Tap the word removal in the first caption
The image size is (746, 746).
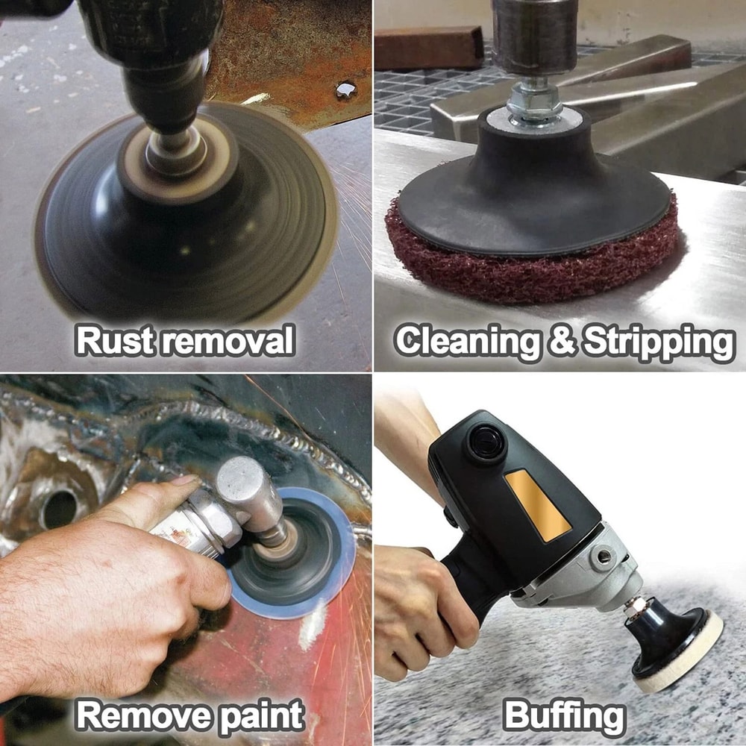pyautogui.click(x=228, y=342)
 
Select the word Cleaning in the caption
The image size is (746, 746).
pyautogui.click(x=466, y=342)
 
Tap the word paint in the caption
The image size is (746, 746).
pyautogui.click(x=261, y=717)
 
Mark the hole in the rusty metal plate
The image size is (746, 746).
pyautogui.click(x=346, y=90)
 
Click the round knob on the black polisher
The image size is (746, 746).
pyautogui.click(x=485, y=444)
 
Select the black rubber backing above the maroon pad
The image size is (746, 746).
pyautogui.click(x=533, y=186)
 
